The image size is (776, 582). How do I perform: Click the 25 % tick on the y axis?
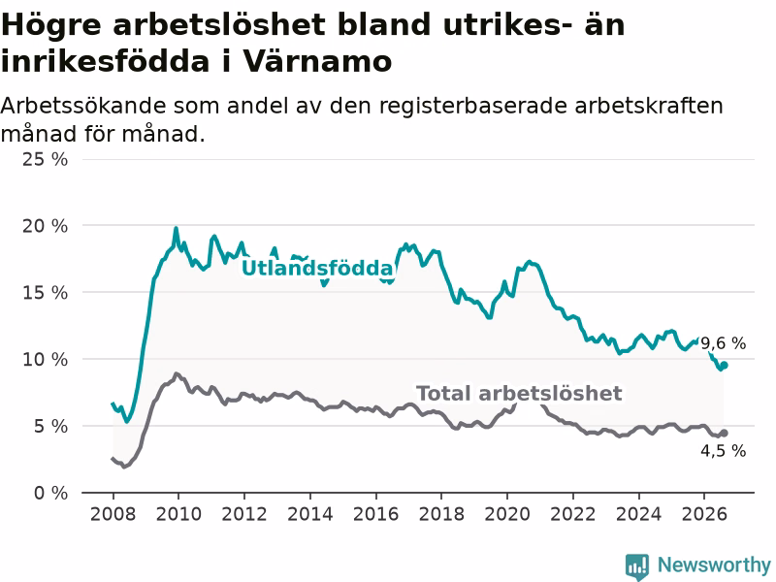pos(45,159)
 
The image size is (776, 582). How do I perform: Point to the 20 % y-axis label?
pos(45,226)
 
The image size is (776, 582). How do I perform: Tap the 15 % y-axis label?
pos(45,293)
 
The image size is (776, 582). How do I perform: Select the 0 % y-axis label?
pos(50,493)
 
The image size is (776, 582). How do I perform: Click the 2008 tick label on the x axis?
pos(113,514)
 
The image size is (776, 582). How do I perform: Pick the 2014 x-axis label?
pos(310,514)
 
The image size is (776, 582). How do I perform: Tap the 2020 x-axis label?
pos(507,514)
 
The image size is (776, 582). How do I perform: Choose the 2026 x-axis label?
pos(704,514)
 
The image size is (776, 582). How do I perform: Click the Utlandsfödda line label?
pos(318,269)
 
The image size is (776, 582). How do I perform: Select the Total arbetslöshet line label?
pos(519,394)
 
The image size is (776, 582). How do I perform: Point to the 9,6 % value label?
pos(723,343)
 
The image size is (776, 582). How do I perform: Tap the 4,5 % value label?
pos(723,450)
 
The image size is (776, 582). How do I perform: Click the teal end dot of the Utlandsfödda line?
pos(724,366)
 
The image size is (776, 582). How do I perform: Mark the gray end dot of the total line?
pos(724,433)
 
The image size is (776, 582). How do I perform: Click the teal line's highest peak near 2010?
pos(176,228)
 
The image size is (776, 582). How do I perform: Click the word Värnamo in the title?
pos(318,61)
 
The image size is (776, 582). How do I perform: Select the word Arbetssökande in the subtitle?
pos(83,106)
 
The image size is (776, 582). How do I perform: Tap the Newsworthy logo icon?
pos(637,566)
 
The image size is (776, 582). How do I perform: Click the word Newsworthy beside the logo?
pos(714,565)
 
